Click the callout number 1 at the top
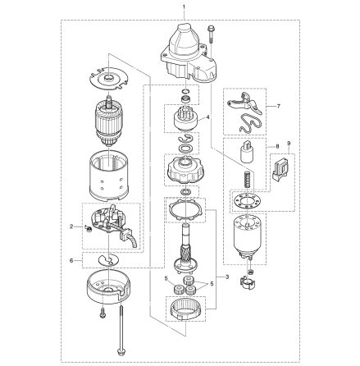click(184, 6)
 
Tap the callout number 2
click(71, 226)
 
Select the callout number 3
click(227, 277)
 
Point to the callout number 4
click(208, 117)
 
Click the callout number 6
click(71, 261)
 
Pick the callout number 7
click(279, 106)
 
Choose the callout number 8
click(277, 147)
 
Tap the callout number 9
click(289, 143)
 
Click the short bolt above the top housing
click(212, 34)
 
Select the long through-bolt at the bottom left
click(121, 328)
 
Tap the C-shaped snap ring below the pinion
click(186, 139)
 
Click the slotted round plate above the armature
click(108, 80)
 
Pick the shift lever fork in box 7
click(244, 103)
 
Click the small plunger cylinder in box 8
click(247, 152)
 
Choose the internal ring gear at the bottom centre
click(185, 309)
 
